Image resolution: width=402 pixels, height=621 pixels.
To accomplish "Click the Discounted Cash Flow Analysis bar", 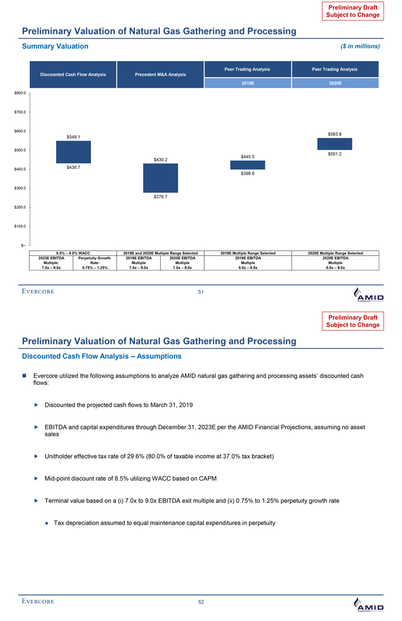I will (73, 152).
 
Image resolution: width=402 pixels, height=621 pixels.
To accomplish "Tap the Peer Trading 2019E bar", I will (248, 165).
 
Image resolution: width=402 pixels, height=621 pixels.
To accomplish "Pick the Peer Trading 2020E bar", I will (335, 144).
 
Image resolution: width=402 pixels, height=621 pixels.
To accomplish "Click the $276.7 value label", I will (160, 197).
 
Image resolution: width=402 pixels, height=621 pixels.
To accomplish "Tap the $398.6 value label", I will (248, 173).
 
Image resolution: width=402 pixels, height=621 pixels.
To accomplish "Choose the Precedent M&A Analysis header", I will (160, 75).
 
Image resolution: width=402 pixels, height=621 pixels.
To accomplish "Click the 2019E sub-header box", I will (248, 84).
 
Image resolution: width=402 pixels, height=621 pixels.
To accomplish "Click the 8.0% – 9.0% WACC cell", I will (73, 253).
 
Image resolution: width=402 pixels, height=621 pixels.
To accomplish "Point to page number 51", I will (201, 291).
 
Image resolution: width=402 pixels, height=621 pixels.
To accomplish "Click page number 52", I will (201, 602).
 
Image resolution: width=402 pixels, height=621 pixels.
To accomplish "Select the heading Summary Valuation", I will (55, 46).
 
